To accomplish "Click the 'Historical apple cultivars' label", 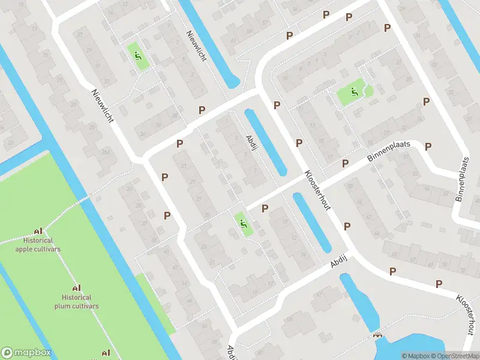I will [x=38, y=244].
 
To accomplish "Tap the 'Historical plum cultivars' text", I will [x=76, y=301].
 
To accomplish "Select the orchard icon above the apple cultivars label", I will [x=38, y=231].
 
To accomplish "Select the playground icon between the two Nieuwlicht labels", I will [x=138, y=56].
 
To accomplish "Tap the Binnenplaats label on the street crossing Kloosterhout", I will [x=388, y=156].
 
